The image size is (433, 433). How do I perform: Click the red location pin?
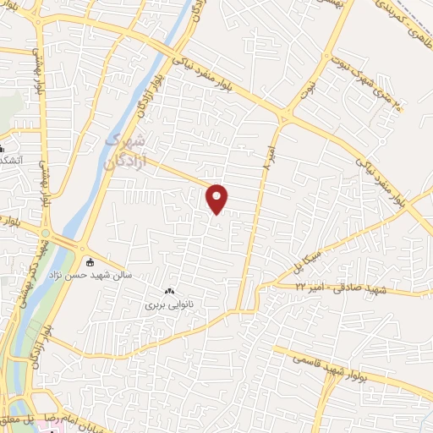[x=217, y=198]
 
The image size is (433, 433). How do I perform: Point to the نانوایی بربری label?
[x=170, y=302]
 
